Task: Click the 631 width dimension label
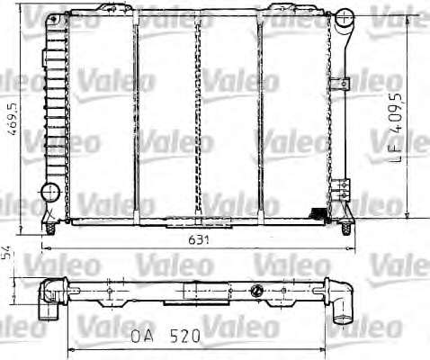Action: coord(199,240)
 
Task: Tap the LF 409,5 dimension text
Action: coord(396,128)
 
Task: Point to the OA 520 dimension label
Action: coord(166,336)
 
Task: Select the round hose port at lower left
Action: coord(50,193)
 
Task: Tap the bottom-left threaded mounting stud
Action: coord(50,229)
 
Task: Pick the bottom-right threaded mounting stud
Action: coord(346,229)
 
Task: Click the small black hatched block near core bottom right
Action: coord(318,212)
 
